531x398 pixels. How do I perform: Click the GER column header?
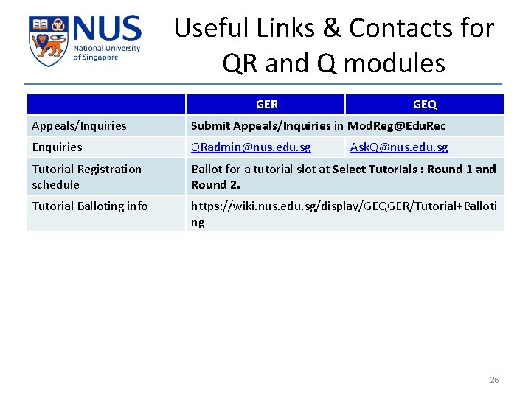[x=266, y=105]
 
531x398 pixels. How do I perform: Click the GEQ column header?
[x=424, y=105]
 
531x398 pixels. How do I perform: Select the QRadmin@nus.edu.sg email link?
[x=251, y=147]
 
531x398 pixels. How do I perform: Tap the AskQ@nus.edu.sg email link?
[x=398, y=147]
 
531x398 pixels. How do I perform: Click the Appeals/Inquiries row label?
[x=79, y=126]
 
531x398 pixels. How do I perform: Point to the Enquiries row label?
[x=57, y=147]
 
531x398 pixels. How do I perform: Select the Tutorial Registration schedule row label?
[x=86, y=177]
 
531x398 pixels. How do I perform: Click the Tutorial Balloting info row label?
[x=89, y=206]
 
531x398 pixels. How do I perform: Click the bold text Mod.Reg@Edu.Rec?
[x=396, y=126]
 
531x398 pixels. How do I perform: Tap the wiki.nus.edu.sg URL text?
[x=344, y=206]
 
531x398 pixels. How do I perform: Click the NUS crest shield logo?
[x=47, y=41]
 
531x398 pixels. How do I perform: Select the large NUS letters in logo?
[x=106, y=30]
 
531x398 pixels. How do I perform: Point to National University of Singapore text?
[x=105, y=53]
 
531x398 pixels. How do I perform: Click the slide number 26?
[x=494, y=380]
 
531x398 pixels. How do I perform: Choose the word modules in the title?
[x=394, y=63]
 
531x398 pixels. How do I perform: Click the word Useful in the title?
[x=212, y=28]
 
